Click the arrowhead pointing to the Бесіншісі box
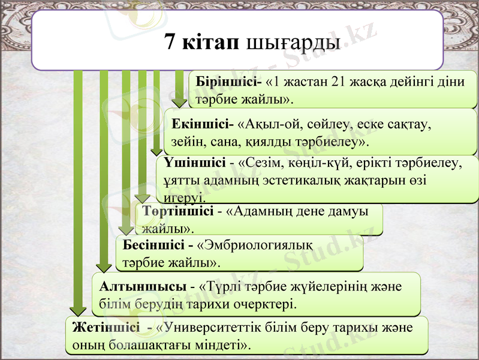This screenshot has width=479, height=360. [126, 229]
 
